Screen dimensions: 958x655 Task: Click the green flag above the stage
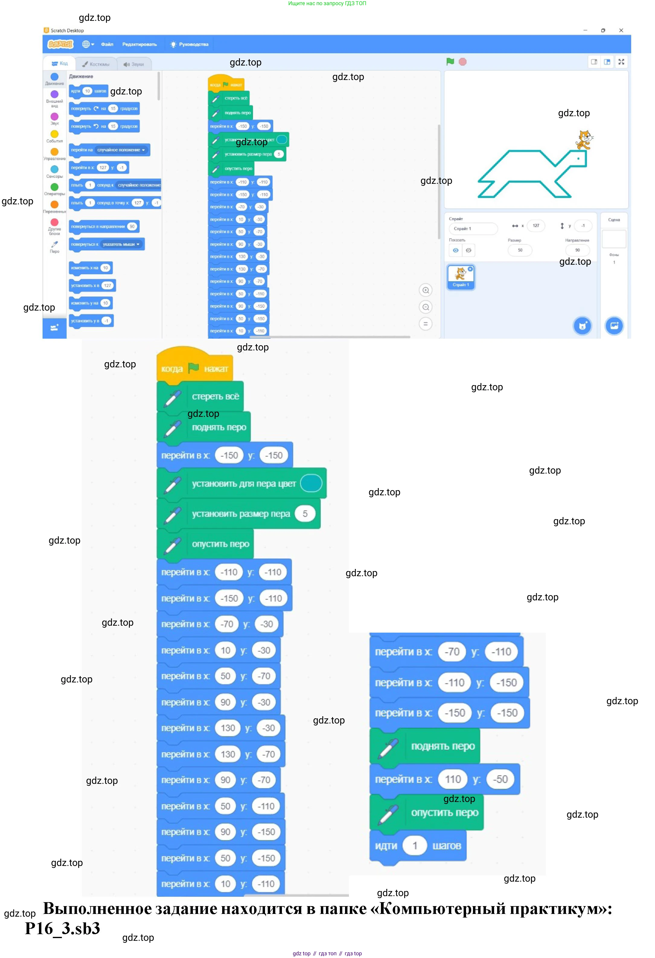pyautogui.click(x=450, y=62)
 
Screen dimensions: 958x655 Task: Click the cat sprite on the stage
pyautogui.click(x=584, y=140)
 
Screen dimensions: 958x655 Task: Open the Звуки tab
pyautogui.click(x=134, y=64)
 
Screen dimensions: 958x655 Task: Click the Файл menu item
pyautogui.click(x=107, y=44)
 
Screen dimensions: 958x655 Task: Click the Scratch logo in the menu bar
pyautogui.click(x=60, y=44)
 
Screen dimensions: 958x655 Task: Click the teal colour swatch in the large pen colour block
pyautogui.click(x=311, y=483)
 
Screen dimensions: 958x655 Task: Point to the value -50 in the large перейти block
pyautogui.click(x=500, y=779)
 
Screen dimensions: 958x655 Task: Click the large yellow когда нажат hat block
pyautogui.click(x=194, y=367)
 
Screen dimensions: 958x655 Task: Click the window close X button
pyautogui.click(x=621, y=30)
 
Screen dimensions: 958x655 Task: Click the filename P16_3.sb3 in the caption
pyautogui.click(x=63, y=929)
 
